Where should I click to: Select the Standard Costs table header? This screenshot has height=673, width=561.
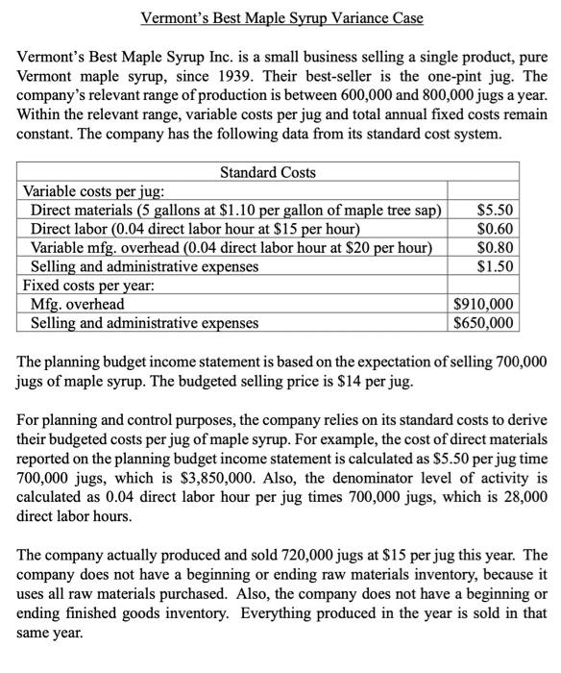[268, 173]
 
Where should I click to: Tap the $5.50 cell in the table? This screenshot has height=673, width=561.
[495, 210]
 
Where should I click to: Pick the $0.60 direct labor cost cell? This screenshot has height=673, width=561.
[495, 228]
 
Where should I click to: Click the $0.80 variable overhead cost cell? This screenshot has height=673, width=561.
[495, 247]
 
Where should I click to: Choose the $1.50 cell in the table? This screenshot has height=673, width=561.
[495, 266]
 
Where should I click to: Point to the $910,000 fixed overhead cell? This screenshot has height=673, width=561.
[486, 305]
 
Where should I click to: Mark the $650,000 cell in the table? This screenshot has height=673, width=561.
[486, 323]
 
